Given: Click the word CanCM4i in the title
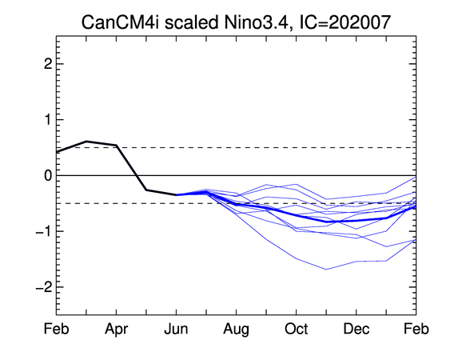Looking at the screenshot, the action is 120,22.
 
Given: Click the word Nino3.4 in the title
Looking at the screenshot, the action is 256,22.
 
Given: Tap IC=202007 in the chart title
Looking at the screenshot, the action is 344,22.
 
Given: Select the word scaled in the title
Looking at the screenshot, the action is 191,22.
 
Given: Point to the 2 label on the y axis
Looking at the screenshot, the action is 48,64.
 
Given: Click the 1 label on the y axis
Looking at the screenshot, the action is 49,119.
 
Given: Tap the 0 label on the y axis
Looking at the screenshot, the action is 48,175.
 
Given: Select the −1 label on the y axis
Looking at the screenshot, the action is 44,231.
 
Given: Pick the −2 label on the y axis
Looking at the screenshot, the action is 44,287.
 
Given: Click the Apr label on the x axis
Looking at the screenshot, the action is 116,329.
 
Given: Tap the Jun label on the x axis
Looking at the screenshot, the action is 176,329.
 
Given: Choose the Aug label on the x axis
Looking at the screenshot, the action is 237,329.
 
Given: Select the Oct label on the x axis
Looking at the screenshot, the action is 297,329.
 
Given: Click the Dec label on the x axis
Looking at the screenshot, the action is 356,329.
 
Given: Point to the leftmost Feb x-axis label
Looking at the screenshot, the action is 56,329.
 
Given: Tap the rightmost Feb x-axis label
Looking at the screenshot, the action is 416,329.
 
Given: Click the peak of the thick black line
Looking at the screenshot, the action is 86,141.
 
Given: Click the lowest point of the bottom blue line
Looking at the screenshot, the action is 326,270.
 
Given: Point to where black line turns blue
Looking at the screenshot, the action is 176,194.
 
